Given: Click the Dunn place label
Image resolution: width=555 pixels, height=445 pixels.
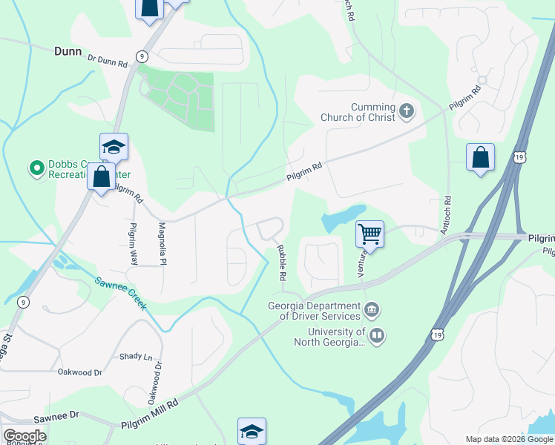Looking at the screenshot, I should (68, 52).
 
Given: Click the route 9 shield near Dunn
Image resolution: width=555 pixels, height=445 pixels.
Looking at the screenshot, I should (141, 56).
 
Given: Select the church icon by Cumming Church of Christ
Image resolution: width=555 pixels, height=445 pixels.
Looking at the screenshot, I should (406, 111).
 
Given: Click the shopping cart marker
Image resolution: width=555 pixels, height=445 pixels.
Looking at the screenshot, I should (370, 235).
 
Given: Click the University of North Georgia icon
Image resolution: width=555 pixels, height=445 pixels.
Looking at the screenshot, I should (377, 336).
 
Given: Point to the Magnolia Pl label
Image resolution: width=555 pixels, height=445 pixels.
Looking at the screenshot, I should (162, 244).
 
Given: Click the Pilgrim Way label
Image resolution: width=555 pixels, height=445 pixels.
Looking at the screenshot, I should (134, 244).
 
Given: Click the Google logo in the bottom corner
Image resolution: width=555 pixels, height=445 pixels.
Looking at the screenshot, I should (24, 436).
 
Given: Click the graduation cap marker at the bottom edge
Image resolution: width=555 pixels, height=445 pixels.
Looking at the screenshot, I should (252, 431).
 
